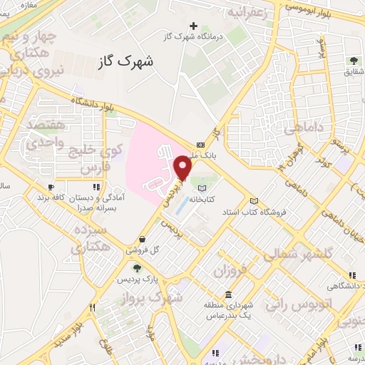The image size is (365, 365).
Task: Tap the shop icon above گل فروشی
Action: coord(145,240)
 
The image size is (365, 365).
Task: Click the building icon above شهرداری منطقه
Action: coord(227,295)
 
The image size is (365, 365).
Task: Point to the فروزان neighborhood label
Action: coord(230,270)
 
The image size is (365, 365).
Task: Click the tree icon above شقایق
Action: coord(353,61)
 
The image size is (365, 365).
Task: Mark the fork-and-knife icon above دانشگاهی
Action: coord(352,275)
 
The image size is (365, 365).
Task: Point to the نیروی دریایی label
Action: coord(60,70)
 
